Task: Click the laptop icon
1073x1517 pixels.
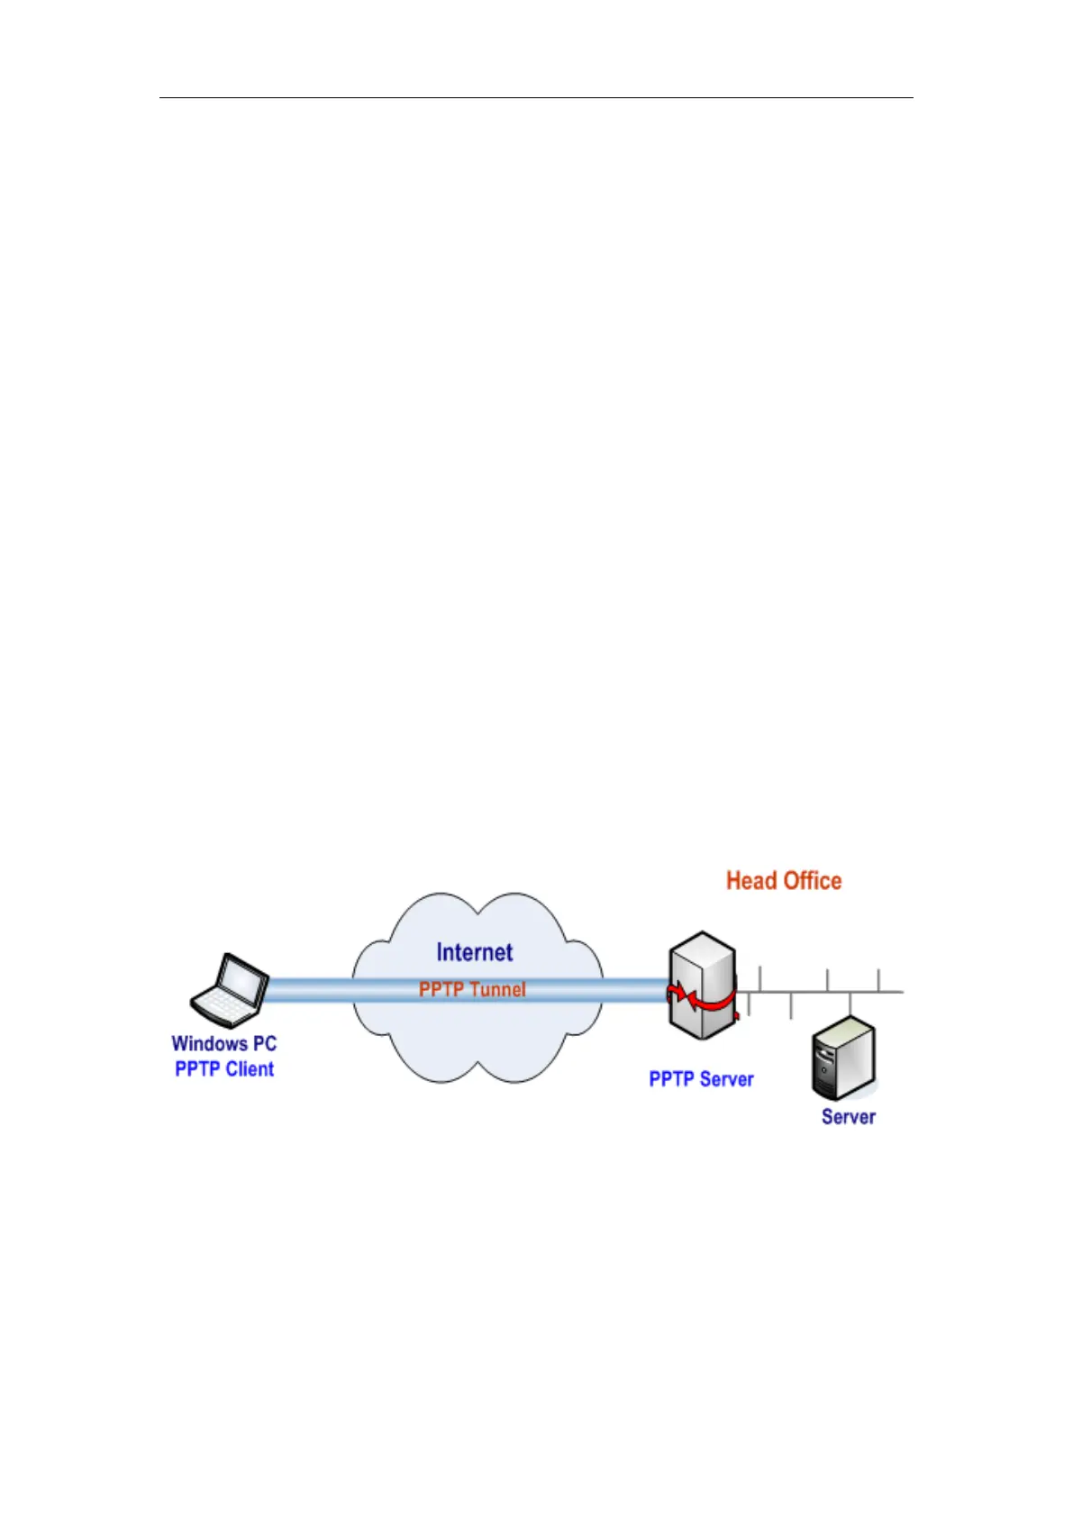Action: pos(230,990)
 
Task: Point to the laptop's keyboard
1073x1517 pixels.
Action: pos(219,1005)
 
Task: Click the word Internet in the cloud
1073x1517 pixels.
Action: pos(474,953)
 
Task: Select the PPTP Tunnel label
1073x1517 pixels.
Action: pos(472,990)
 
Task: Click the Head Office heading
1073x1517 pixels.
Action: pos(784,881)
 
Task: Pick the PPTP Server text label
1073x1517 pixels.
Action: pos(701,1079)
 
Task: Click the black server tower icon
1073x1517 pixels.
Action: pos(843,1058)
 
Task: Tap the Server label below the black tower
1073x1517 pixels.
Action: pos(848,1117)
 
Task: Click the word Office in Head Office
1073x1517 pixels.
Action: pos(811,881)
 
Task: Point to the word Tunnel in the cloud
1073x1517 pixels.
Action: pos(497,990)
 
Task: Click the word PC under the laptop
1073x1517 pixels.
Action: pos(264,1044)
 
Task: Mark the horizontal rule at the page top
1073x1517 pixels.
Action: pos(536,97)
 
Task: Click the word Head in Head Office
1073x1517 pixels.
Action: pos(750,881)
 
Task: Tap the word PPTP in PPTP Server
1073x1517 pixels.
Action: pos(671,1079)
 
